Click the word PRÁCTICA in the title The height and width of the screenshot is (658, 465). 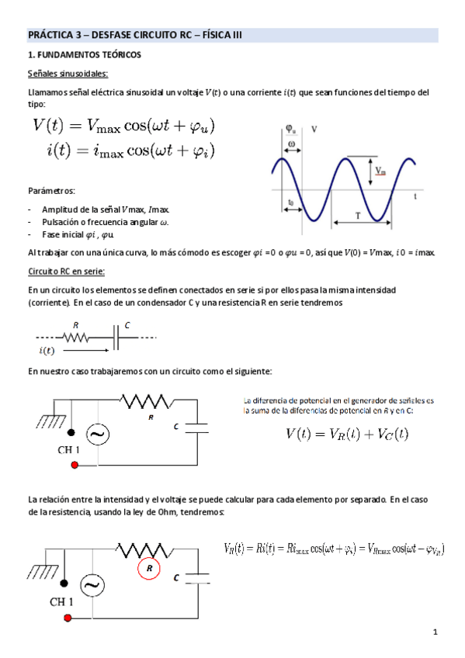tap(49, 35)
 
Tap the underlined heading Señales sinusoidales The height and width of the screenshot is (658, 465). tap(68, 74)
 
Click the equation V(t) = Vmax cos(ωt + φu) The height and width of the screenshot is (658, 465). tap(124, 124)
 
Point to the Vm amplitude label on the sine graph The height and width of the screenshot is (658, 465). tap(378, 170)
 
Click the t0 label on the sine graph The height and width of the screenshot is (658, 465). tap(290, 203)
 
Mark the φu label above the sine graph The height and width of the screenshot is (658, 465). tap(289, 128)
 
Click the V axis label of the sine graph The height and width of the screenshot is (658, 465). tap(314, 130)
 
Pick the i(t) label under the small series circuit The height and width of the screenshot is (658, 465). tap(48, 351)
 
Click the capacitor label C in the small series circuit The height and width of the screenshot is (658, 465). tap(127, 326)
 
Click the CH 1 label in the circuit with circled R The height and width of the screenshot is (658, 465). tap(67, 602)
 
